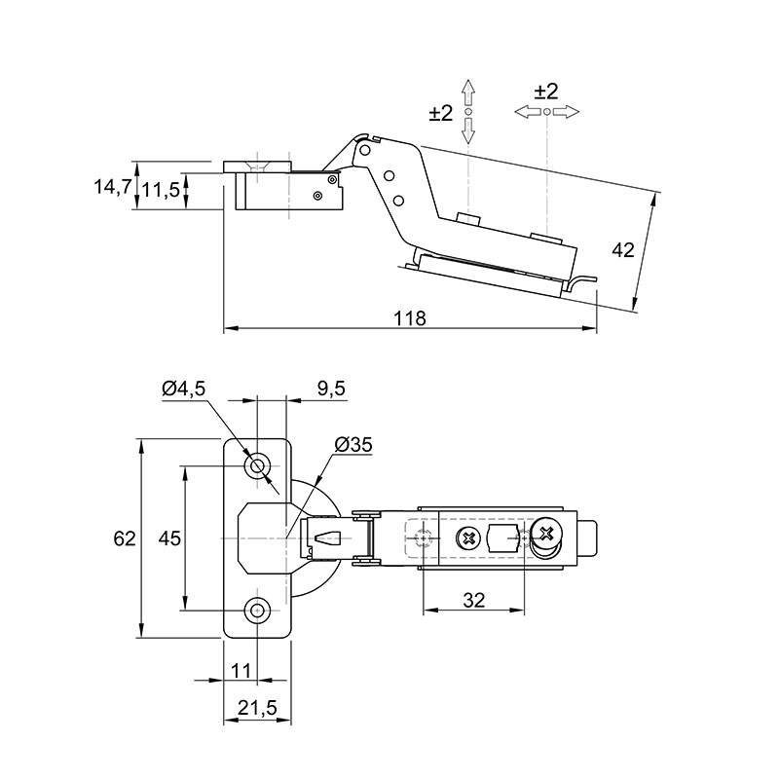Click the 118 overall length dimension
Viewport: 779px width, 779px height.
coord(410,318)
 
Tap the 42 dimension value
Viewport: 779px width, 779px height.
coord(623,250)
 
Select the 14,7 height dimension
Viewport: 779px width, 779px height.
coord(112,187)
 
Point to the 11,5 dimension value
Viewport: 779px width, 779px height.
coord(161,189)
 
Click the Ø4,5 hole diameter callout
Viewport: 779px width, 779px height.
coord(183,389)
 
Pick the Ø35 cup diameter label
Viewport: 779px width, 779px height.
coord(353,445)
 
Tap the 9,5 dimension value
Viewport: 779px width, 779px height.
coord(331,389)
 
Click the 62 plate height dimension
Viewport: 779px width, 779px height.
coord(125,538)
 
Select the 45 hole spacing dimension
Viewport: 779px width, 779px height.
coord(169,538)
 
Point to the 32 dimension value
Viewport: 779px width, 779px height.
coord(473,601)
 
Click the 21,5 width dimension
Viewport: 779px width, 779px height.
coord(257,708)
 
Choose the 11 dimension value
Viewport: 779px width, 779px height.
coord(241,671)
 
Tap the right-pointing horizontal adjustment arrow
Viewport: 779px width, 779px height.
coord(566,112)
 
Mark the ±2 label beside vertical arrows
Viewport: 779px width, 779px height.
coord(441,113)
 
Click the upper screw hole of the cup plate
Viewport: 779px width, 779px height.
coord(257,466)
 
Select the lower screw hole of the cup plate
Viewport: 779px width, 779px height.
coord(257,610)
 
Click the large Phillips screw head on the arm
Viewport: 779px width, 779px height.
coord(547,534)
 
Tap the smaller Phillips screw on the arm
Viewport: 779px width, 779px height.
coord(468,538)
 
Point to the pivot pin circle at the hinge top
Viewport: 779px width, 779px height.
coord(366,150)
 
